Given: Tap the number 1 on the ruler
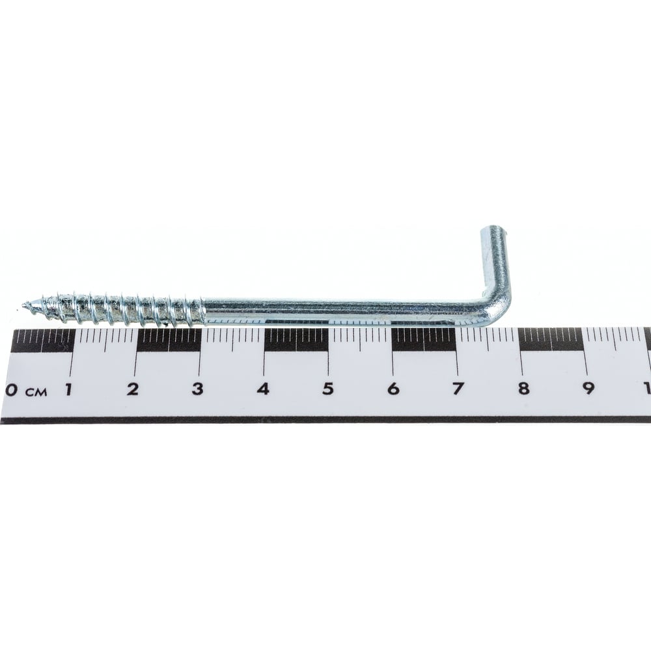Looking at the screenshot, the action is tap(68, 389).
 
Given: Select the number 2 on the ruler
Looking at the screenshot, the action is tap(132, 389).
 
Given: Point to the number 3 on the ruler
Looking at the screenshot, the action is tap(197, 389).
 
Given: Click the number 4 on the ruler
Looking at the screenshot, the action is tap(263, 389).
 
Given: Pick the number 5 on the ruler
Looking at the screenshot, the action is tap(328, 389).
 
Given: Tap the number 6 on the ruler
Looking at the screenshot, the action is tap(393, 389).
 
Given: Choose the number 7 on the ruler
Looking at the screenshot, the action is tap(458, 389).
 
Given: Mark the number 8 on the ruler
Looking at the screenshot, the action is tap(523, 389).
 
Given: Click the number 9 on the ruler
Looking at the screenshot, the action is tap(589, 389).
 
